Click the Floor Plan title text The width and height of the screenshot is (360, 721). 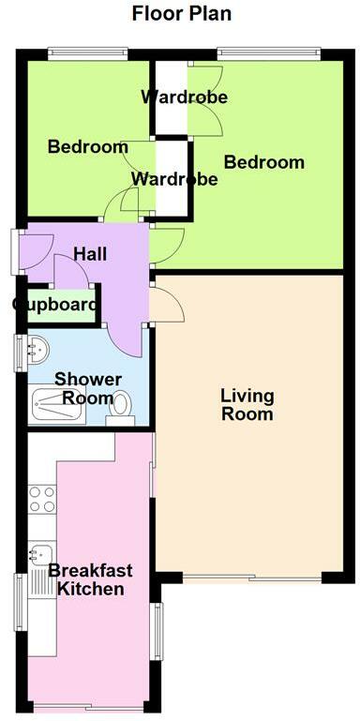pyautogui.click(x=181, y=13)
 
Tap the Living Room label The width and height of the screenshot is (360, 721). pyautogui.click(x=247, y=404)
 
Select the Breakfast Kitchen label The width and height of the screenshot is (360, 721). pyautogui.click(x=90, y=579)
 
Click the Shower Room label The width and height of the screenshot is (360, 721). pyautogui.click(x=87, y=388)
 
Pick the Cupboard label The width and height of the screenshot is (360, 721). pyautogui.click(x=54, y=305)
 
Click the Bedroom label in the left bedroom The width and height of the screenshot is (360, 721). pyautogui.click(x=87, y=147)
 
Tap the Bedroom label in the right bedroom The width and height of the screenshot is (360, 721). pyautogui.click(x=263, y=162)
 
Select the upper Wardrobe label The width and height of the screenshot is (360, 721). pyautogui.click(x=184, y=97)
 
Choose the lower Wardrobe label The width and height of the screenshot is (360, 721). pyautogui.click(x=174, y=178)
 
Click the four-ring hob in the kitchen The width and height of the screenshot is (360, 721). pyautogui.click(x=42, y=499)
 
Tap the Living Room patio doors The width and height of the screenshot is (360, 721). pyautogui.click(x=251, y=577)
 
